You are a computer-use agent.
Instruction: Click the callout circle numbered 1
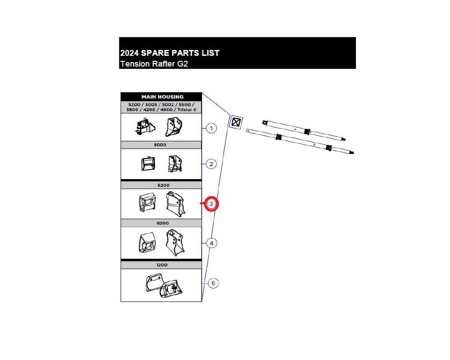coord(211,128)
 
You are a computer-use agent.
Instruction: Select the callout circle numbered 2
coord(211,164)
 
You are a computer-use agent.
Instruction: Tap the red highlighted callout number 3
coord(211,204)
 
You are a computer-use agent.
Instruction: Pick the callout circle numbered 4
coord(211,243)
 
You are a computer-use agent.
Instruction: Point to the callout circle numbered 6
coord(213,283)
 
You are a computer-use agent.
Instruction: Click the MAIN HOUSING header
coord(162,97)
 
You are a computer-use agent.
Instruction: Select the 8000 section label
coord(161,145)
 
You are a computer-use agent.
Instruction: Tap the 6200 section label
coord(161,185)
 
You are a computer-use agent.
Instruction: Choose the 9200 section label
coord(161,223)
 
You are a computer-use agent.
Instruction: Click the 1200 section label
coord(161,265)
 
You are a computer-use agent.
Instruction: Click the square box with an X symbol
coord(236,122)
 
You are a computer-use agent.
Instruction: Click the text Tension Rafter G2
coord(153,64)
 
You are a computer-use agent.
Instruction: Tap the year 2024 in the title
coord(130,53)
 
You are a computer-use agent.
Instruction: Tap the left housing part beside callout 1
coord(143,127)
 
